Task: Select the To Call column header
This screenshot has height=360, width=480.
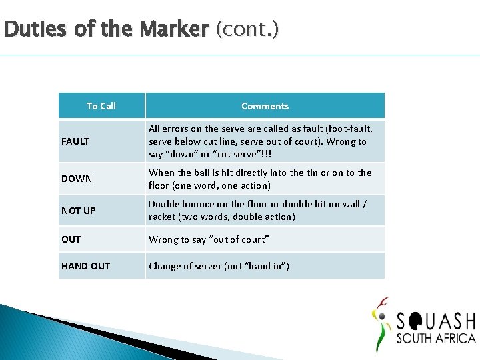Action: tap(101, 106)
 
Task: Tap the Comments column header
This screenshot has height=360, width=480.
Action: tap(265, 106)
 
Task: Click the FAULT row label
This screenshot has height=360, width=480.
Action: tap(75, 141)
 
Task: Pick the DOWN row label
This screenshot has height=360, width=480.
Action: tap(77, 179)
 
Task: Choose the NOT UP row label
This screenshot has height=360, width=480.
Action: tap(79, 211)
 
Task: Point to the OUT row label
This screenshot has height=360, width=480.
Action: tap(71, 239)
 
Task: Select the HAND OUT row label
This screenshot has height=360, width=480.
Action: tap(85, 266)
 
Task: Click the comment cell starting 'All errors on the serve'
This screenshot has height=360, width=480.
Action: tap(260, 141)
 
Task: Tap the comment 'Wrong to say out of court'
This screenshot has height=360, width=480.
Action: tap(209, 239)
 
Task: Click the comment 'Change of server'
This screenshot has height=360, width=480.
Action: tap(219, 266)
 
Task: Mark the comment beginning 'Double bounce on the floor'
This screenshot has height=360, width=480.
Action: tap(257, 211)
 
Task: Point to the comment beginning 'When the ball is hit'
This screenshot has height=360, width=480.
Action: tap(260, 179)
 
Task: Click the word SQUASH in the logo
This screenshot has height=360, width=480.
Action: tap(436, 321)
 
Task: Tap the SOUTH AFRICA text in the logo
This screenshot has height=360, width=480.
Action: tap(436, 338)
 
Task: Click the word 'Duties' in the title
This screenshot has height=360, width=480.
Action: tap(25, 29)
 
